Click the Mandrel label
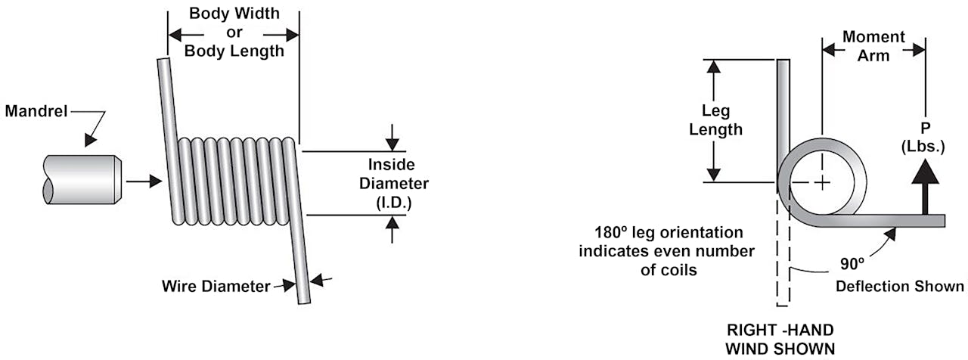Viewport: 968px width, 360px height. pyautogui.click(x=36, y=111)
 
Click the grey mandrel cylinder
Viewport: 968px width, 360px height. pyautogui.click(x=79, y=179)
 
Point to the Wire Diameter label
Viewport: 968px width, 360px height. pyautogui.click(x=216, y=287)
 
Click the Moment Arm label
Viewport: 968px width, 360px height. pyautogui.click(x=873, y=46)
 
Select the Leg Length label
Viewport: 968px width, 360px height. pyautogui.click(x=715, y=121)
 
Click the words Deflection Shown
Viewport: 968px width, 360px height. pyautogui.click(x=899, y=286)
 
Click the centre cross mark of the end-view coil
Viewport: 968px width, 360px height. pyautogui.click(x=821, y=182)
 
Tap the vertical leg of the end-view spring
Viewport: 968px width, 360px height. pyautogui.click(x=784, y=113)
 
